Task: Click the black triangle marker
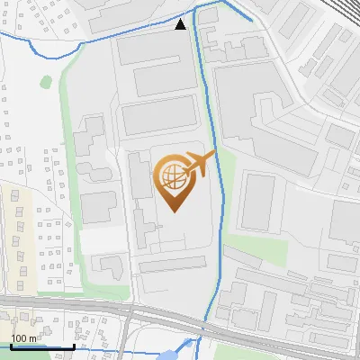click(x=181, y=24)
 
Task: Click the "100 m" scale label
click(x=25, y=337)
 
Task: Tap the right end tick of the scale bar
click(x=74, y=345)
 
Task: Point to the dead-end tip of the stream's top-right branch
click(x=251, y=21)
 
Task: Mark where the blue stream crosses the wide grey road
click(x=208, y=319)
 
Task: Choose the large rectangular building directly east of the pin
click(x=257, y=201)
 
